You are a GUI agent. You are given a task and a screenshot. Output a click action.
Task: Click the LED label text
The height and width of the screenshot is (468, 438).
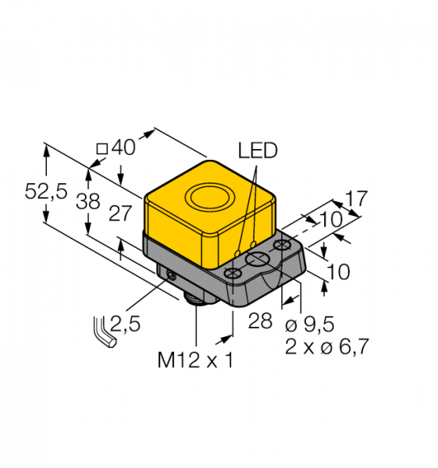(x=258, y=150)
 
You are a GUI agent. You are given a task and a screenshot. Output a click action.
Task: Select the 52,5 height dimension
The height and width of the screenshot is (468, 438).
(x=46, y=191)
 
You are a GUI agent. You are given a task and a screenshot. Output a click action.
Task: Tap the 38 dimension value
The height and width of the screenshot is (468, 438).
(x=88, y=201)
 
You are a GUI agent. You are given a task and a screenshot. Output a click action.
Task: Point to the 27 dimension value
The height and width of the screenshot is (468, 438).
(x=120, y=214)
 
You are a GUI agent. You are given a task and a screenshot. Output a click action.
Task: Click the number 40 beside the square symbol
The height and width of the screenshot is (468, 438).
(x=123, y=147)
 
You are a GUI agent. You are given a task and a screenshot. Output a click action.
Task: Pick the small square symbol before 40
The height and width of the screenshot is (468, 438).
(x=102, y=149)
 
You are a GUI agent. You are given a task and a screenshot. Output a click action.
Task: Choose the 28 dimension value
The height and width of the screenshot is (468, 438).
(x=260, y=321)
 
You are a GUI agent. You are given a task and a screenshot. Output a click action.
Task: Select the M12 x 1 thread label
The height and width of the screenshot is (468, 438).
(x=195, y=360)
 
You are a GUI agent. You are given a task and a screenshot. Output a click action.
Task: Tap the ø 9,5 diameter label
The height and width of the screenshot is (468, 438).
(x=309, y=324)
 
